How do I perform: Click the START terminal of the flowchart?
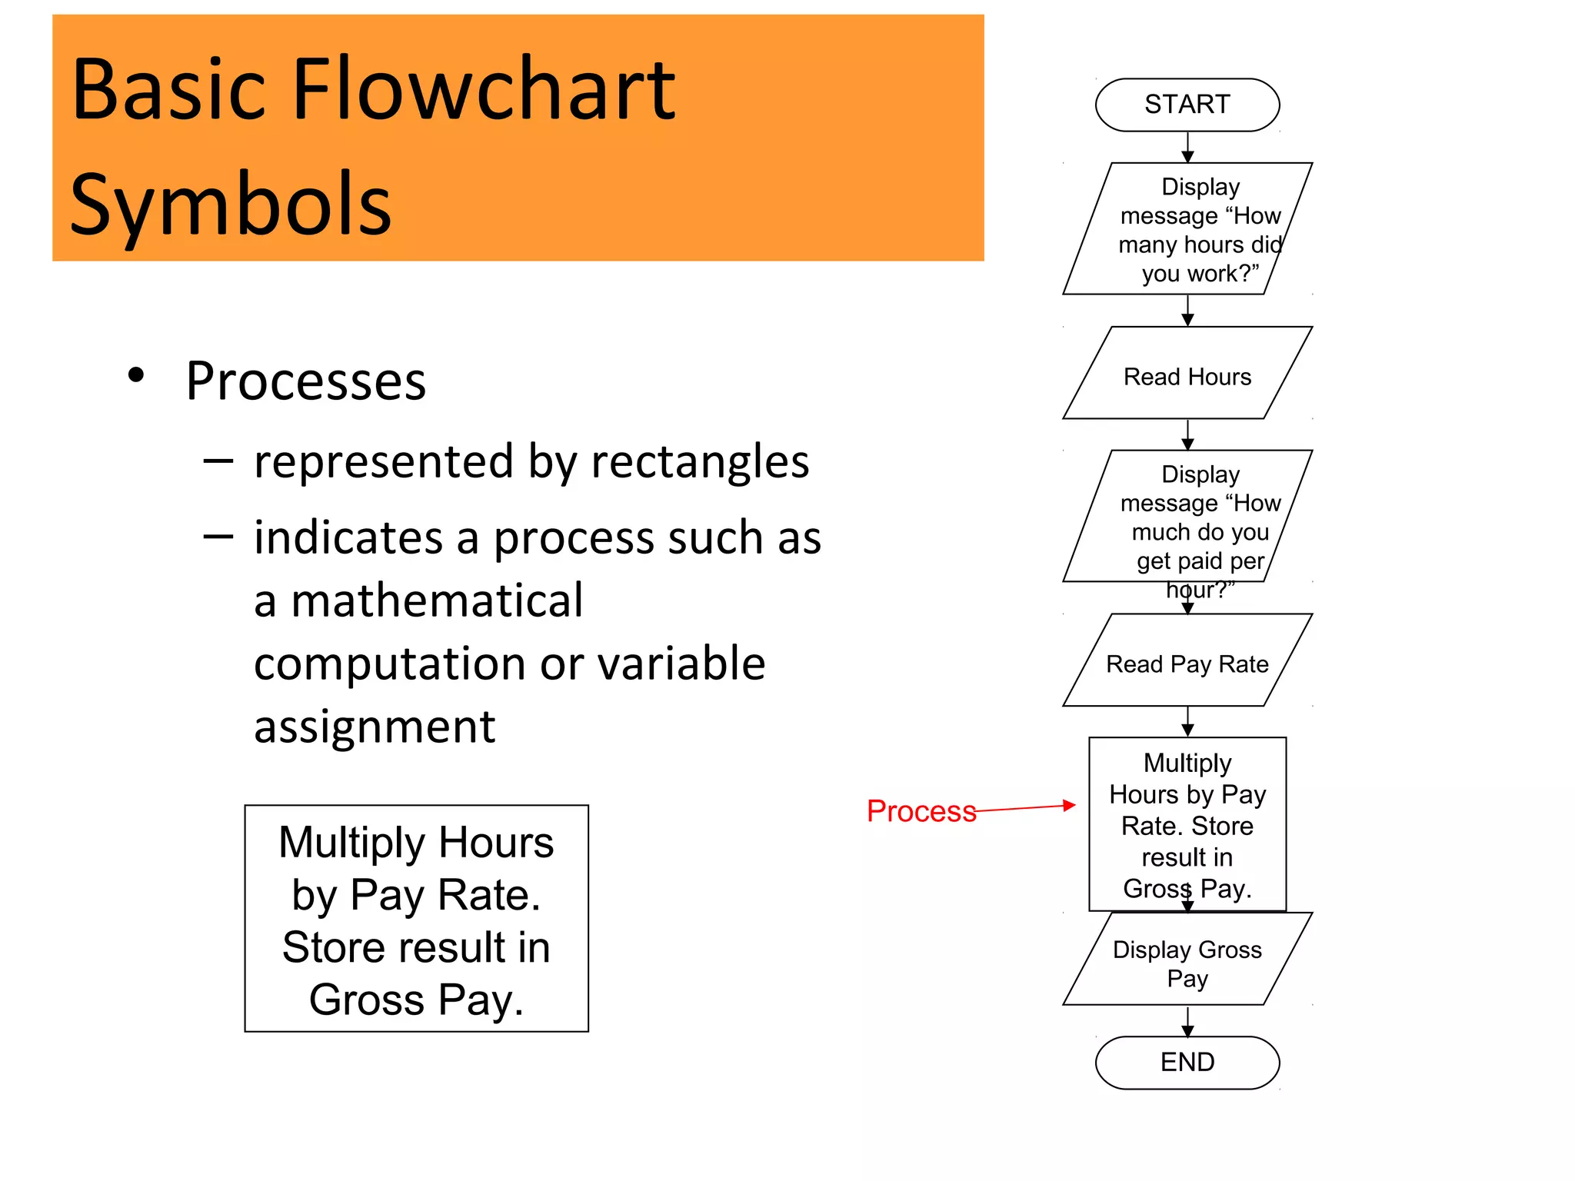click(x=1187, y=105)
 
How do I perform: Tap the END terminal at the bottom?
click(x=1187, y=1062)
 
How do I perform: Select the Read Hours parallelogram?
click(x=1187, y=376)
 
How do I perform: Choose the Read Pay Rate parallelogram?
click(x=1187, y=663)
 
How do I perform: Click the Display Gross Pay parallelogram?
click(x=1187, y=962)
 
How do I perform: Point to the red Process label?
click(x=921, y=811)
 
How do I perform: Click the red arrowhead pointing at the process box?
click(x=1068, y=805)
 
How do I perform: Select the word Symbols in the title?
click(x=231, y=205)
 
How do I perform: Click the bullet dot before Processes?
click(x=137, y=375)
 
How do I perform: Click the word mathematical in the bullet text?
click(x=437, y=600)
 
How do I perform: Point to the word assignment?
click(x=375, y=727)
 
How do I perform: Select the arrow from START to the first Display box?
click(x=1187, y=148)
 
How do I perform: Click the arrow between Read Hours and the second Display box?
click(x=1187, y=435)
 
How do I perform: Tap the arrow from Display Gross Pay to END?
click(x=1187, y=1021)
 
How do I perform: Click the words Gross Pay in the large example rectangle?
click(x=416, y=1000)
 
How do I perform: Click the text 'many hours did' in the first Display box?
click(x=1200, y=245)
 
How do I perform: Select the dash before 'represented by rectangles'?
click(x=218, y=461)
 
